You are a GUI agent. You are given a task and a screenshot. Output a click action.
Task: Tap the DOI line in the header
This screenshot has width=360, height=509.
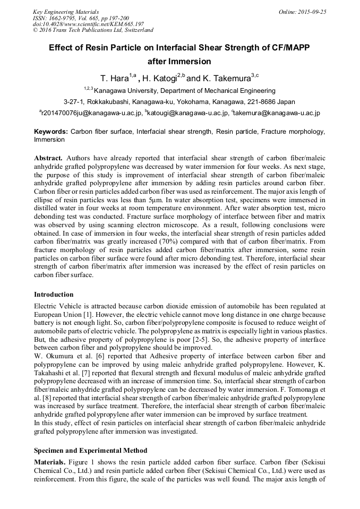pyautogui.click(x=88, y=24)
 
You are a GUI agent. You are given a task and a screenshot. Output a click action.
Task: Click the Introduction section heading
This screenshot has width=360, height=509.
pyautogui.click(x=54, y=295)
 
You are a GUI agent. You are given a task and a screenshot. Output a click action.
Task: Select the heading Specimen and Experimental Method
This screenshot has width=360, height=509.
pyautogui.click(x=90, y=451)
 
